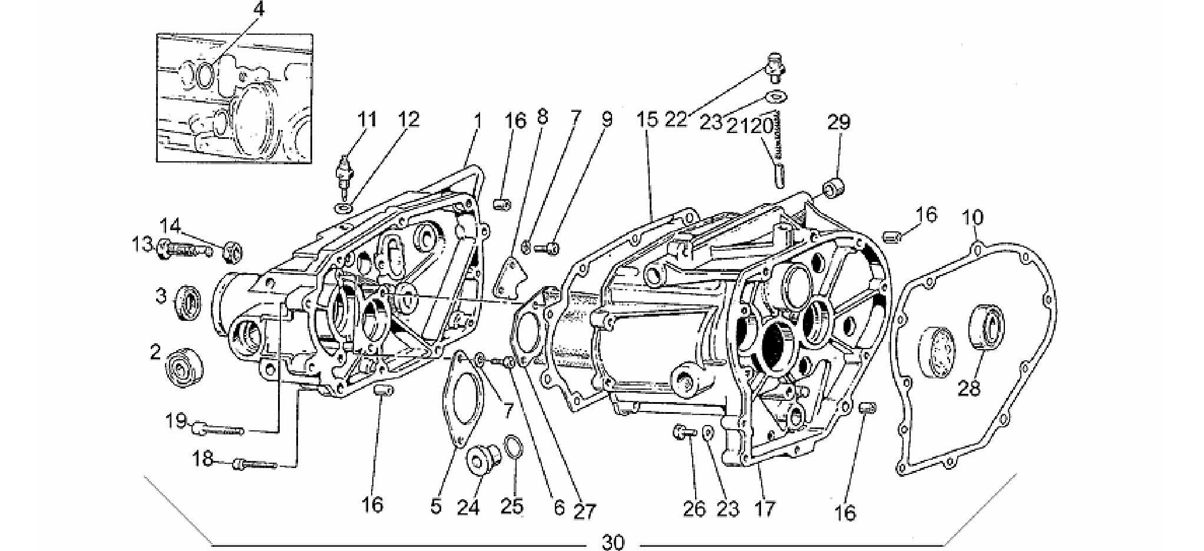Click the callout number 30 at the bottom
coord(613,542)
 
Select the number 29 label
coord(839,122)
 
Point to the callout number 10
coord(973,218)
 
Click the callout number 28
coord(970,389)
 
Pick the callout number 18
coord(203,459)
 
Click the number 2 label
coord(156,352)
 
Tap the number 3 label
coord(161,296)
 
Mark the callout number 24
coord(469,506)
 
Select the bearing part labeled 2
coord(186,367)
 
